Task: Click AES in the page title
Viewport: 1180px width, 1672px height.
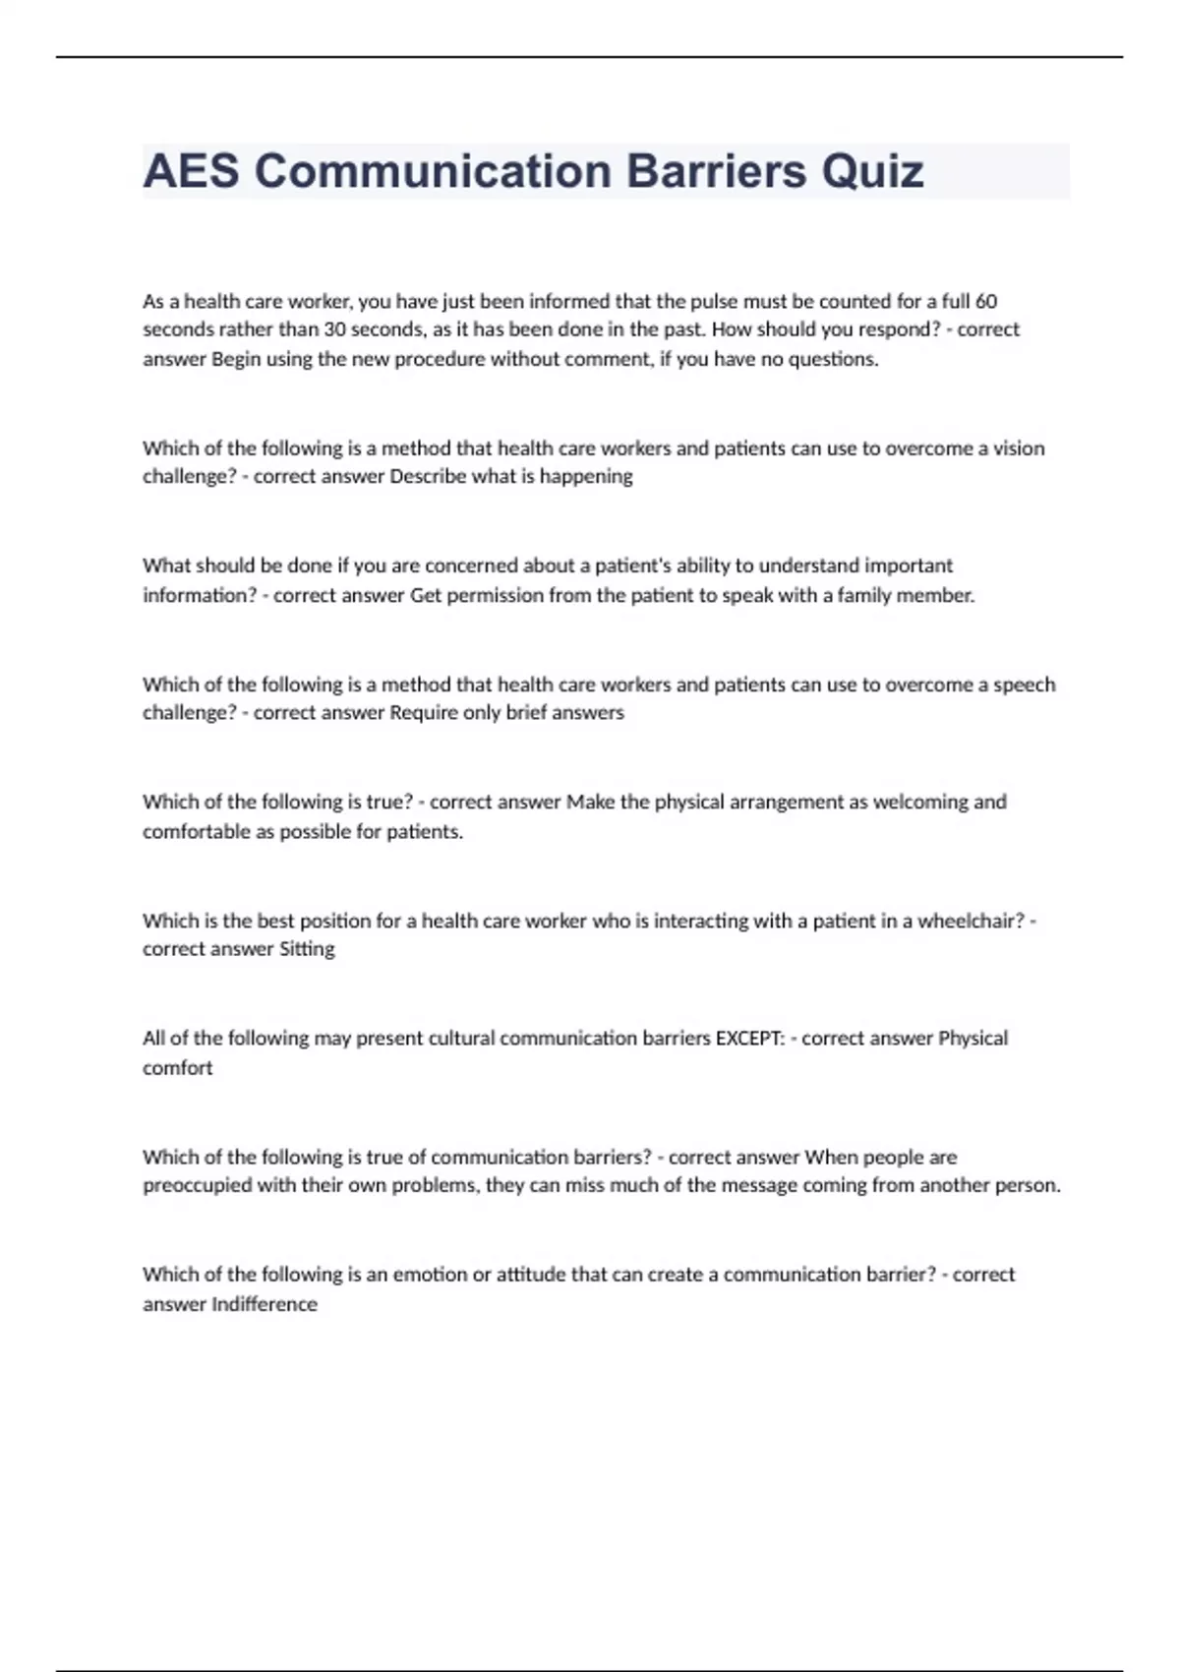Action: pos(191,171)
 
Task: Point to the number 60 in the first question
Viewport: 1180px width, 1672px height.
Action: pos(986,301)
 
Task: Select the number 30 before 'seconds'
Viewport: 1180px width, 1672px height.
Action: pos(335,329)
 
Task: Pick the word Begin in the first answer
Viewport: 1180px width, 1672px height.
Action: pos(234,359)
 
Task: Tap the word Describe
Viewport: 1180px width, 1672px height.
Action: pos(429,477)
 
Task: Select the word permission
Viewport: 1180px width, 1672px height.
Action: pos(495,595)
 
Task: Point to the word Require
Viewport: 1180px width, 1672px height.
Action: pos(424,713)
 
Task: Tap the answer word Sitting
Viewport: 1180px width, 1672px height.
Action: pos(307,949)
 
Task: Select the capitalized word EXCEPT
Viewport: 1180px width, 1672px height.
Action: pos(749,1039)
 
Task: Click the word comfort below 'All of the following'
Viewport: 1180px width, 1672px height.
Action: pos(177,1068)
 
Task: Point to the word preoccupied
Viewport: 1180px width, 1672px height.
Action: pos(197,1186)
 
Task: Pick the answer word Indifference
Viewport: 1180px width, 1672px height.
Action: pos(265,1304)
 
